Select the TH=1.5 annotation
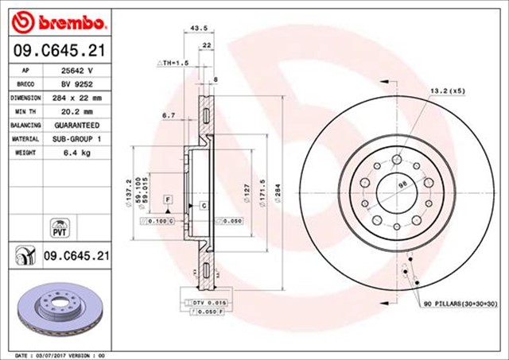click(173, 61)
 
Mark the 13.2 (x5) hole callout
click(446, 91)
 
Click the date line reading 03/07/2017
click(60, 354)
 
